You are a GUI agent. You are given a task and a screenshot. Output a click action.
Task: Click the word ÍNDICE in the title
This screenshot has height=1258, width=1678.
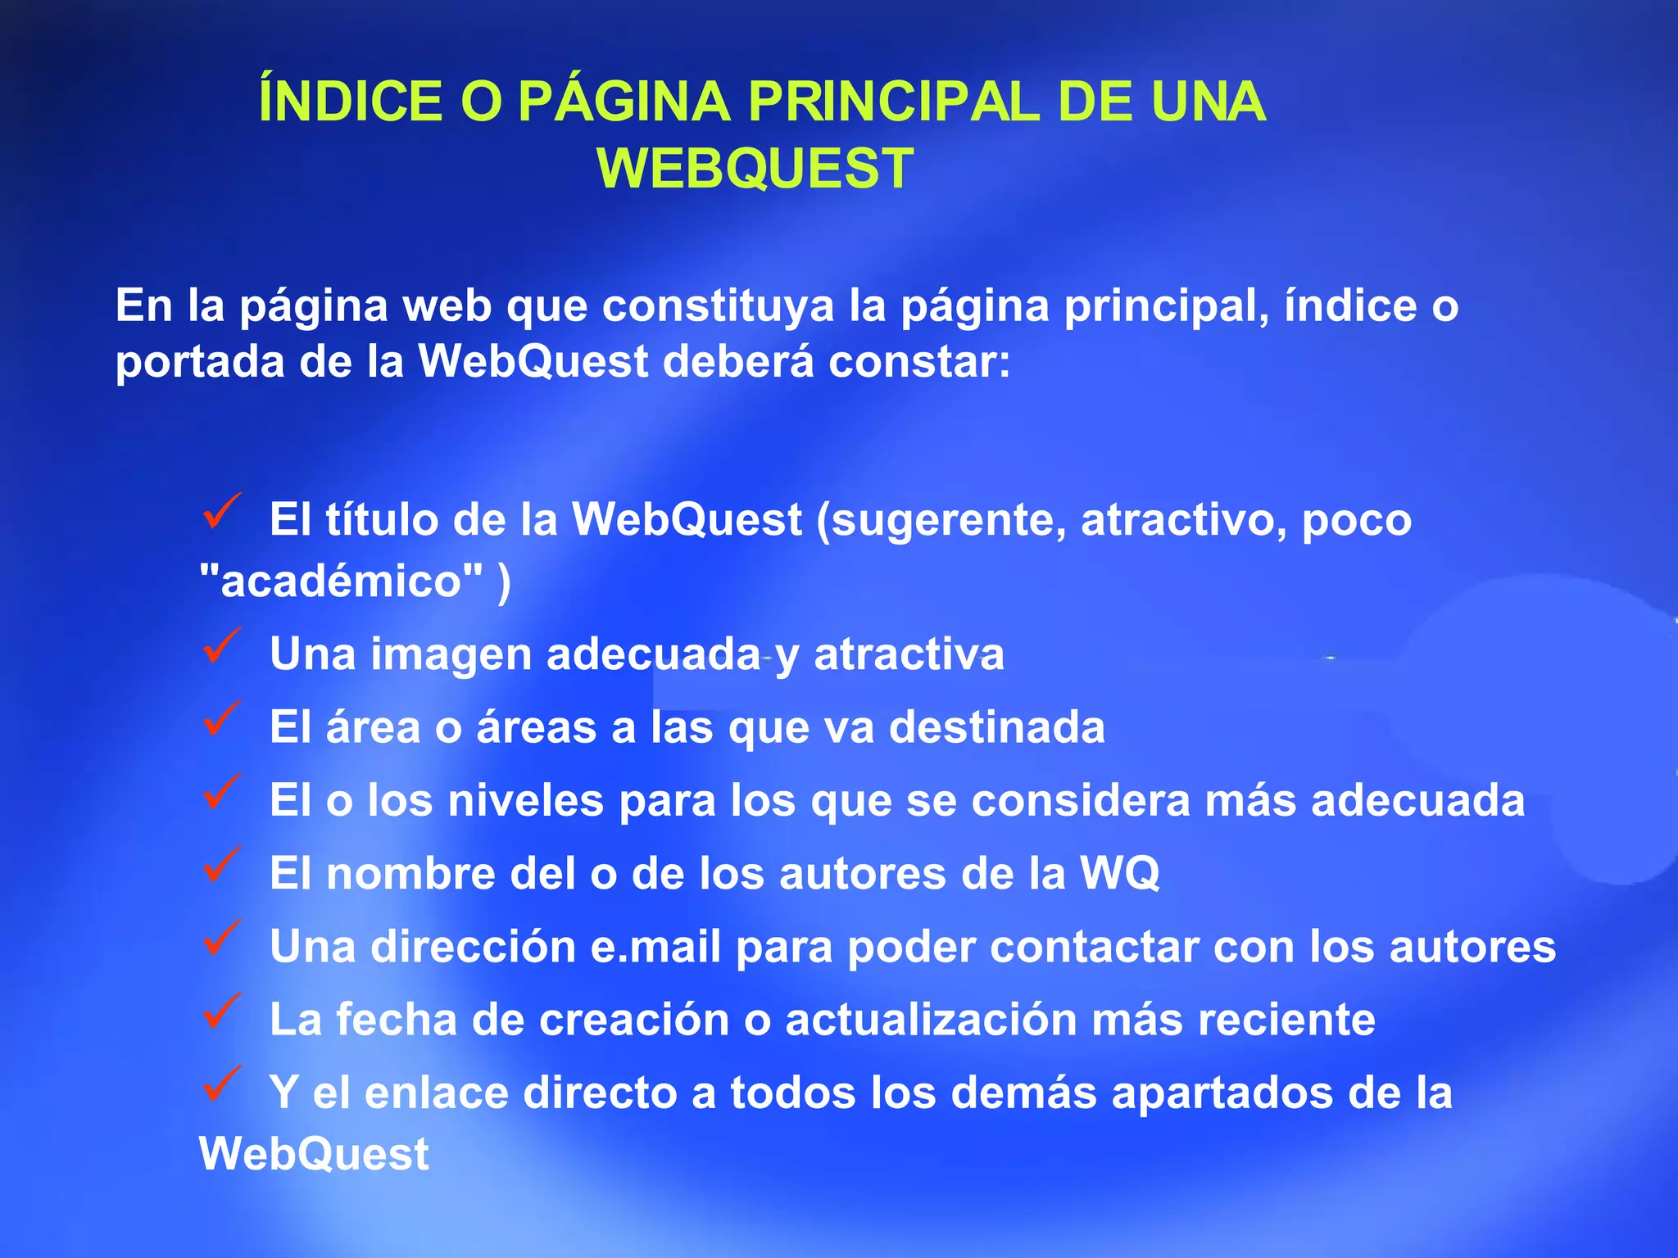pos(350,102)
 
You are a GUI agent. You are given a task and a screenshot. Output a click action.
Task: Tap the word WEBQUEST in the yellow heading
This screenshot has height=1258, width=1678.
pos(755,169)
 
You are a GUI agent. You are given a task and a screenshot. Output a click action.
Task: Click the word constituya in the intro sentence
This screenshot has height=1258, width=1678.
pos(718,306)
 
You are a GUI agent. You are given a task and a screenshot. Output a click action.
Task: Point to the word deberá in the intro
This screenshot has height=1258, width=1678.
pos(737,362)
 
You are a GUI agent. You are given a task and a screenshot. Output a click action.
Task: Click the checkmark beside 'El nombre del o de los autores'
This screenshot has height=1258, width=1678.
pos(220,865)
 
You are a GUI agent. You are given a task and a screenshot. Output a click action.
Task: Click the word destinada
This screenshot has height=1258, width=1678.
pos(997,727)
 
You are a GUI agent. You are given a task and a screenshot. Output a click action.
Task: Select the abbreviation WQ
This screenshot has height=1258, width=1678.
pos(1119,874)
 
